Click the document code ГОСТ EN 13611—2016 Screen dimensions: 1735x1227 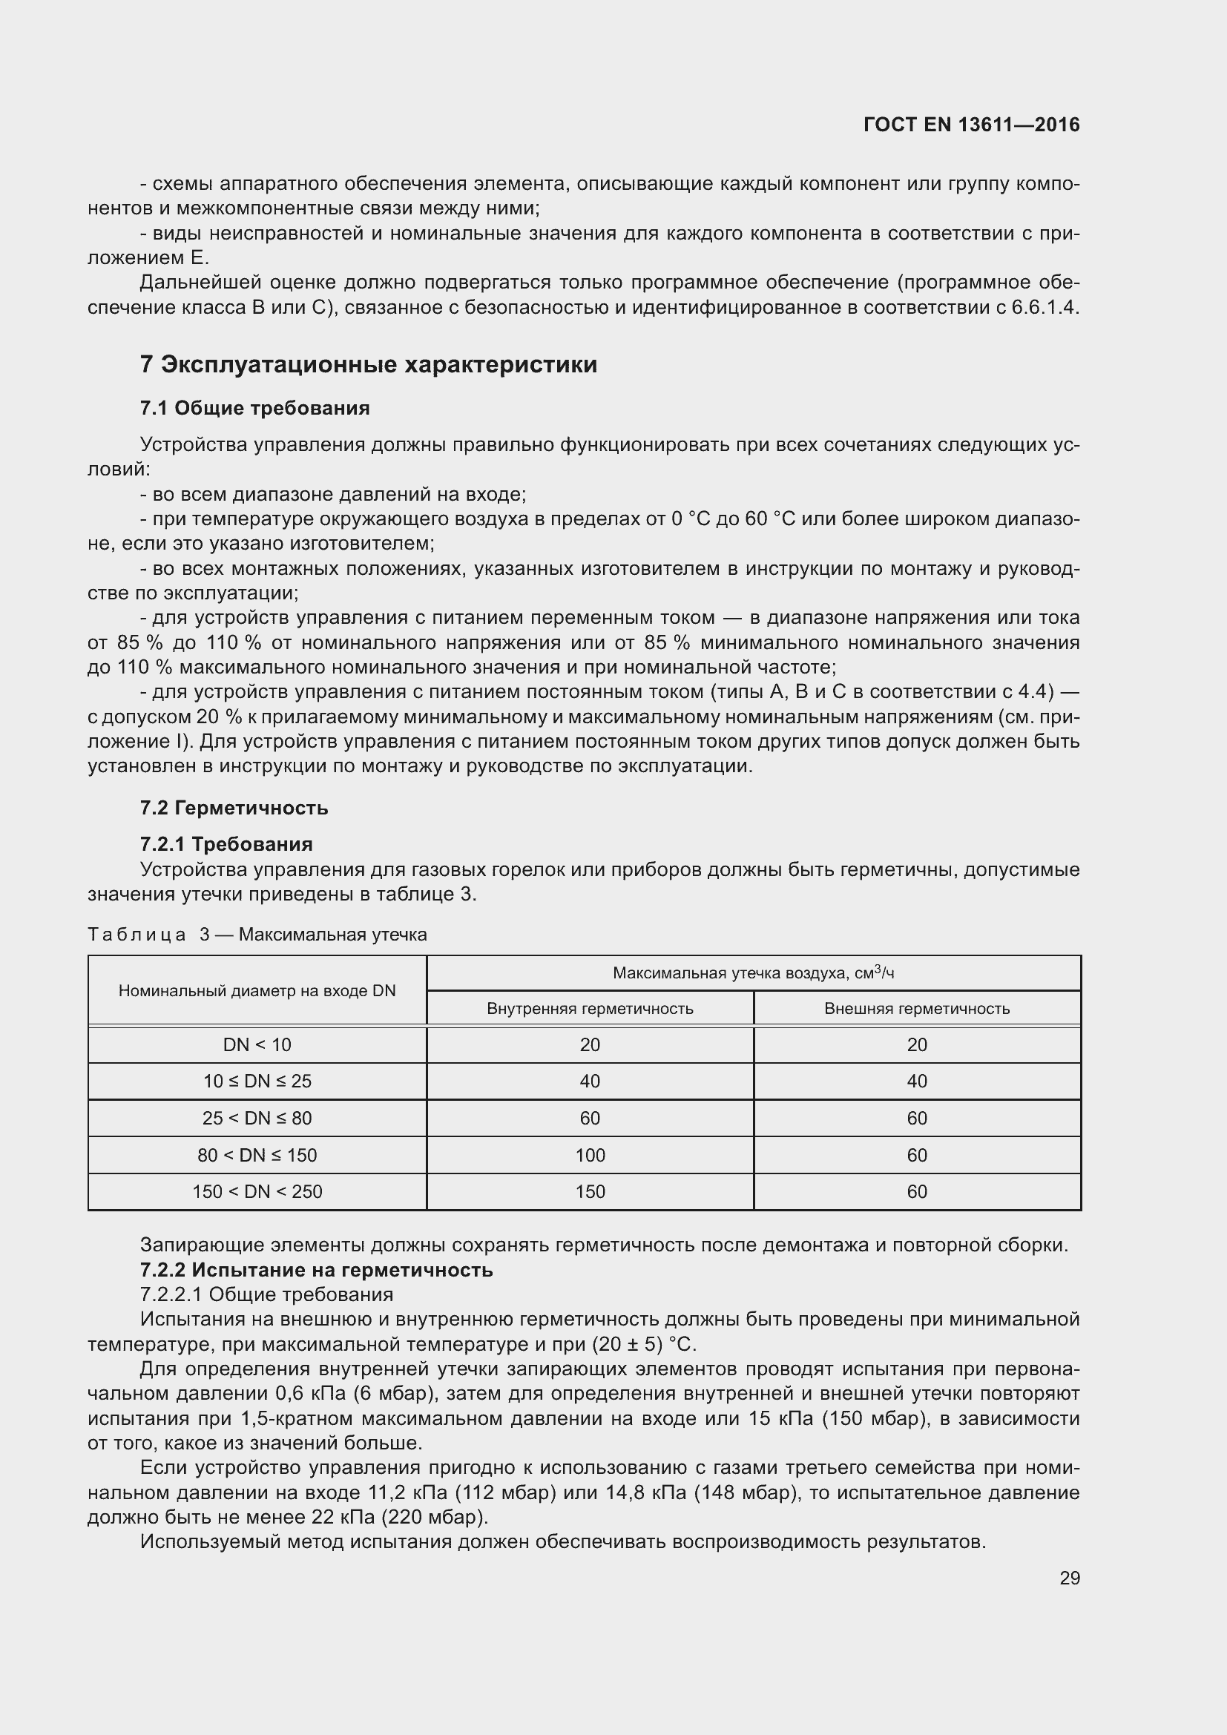click(x=971, y=125)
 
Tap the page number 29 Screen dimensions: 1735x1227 click(x=1069, y=1578)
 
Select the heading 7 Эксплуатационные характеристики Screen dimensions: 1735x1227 click(x=368, y=365)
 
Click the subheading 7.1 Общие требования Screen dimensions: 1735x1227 click(x=254, y=409)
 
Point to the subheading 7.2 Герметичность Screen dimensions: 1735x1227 click(x=234, y=808)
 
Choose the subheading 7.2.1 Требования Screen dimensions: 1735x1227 click(x=226, y=844)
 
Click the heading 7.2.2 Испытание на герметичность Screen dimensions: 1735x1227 click(x=316, y=1269)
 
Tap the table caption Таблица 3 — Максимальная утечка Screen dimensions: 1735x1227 click(x=257, y=935)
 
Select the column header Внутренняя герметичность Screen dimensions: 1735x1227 click(x=589, y=1009)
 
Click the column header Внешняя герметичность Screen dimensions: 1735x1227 click(x=916, y=1009)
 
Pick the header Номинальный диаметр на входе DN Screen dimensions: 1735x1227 click(x=257, y=991)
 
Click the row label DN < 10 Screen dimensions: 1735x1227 click(x=257, y=1045)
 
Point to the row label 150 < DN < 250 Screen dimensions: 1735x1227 click(x=257, y=1192)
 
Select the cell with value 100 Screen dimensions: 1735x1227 click(x=589, y=1156)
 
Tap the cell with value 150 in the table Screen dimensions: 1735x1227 click(x=589, y=1192)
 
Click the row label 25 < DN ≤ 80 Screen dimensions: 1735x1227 click(x=257, y=1119)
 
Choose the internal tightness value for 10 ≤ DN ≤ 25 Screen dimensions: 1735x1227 click(x=589, y=1082)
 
